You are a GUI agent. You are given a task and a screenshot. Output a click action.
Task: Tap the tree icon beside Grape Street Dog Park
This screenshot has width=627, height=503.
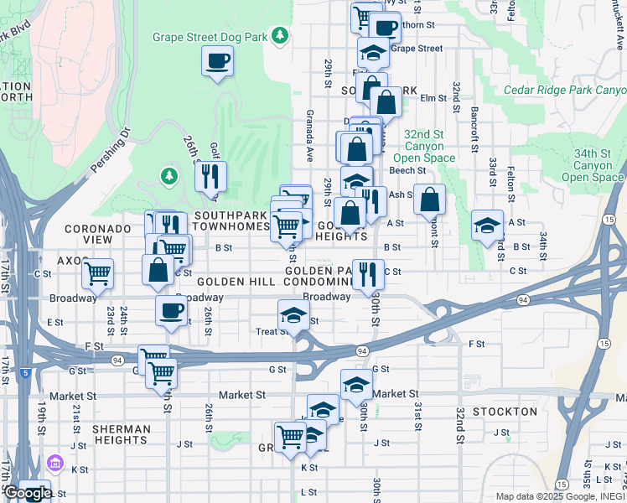tap(279, 35)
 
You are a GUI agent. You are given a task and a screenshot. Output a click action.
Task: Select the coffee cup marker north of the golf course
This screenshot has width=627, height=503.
tap(217, 61)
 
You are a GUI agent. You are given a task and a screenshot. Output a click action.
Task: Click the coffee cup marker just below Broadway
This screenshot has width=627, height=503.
tap(171, 311)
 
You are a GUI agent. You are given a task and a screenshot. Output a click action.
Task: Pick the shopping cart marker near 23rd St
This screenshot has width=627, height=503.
tap(98, 272)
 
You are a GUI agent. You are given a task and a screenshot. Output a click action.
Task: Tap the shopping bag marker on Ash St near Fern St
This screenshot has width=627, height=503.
tap(429, 200)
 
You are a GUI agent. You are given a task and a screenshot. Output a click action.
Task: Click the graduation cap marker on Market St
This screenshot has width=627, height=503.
tap(356, 385)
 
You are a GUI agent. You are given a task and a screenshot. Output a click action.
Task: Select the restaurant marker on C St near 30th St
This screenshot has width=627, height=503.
tap(366, 272)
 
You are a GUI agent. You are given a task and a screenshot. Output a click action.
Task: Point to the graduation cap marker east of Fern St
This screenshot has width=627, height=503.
tap(487, 226)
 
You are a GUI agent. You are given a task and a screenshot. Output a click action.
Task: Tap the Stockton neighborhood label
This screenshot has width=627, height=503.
tap(505, 412)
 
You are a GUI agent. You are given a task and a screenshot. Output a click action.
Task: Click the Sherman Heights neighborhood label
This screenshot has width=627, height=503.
tap(122, 435)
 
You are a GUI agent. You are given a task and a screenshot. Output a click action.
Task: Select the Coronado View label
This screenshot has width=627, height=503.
tap(99, 234)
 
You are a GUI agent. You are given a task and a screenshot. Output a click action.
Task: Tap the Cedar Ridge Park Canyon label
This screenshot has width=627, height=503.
tap(565, 90)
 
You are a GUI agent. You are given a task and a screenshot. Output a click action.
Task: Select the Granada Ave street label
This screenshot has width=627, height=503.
tap(309, 134)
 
